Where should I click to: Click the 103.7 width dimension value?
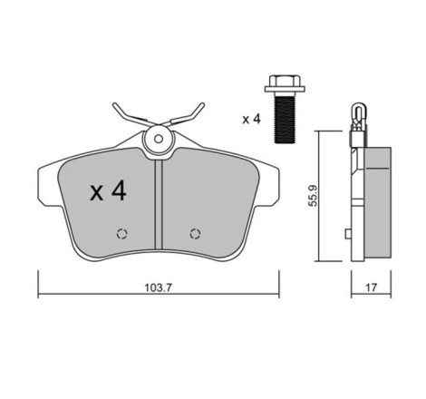[158, 287]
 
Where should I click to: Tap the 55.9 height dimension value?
[313, 196]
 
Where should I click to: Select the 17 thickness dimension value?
[372, 287]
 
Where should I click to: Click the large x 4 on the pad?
[108, 190]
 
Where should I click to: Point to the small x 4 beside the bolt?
[251, 119]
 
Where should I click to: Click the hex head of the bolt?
[285, 81]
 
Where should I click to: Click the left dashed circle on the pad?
[122, 234]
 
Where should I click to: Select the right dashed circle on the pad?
[195, 234]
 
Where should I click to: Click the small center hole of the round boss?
[159, 139]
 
